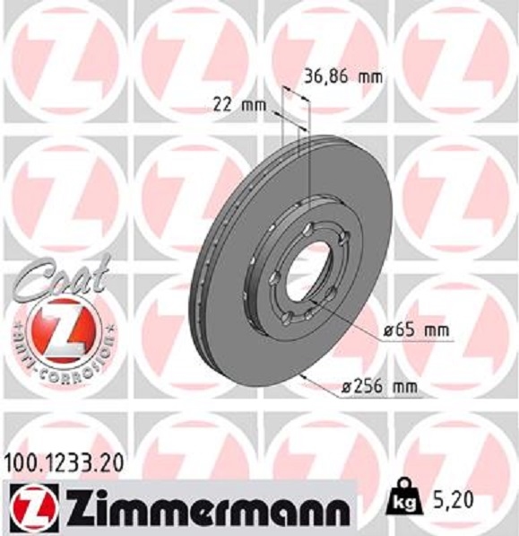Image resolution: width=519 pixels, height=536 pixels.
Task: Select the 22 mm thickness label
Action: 240,105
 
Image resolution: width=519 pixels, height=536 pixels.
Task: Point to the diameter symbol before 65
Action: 390,331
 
